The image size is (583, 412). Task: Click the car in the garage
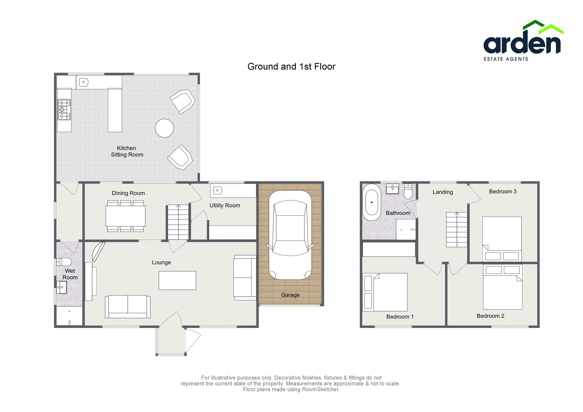tap(290, 235)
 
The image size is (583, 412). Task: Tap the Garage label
tap(290, 295)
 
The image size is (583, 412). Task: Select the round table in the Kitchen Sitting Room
tap(164, 128)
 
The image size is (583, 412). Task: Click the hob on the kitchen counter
tap(64, 109)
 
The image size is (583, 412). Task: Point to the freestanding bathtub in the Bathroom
tap(372, 202)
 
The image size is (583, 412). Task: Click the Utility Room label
tap(225, 205)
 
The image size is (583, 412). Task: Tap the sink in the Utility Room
tap(218, 190)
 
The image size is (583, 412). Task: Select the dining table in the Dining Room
tap(125, 216)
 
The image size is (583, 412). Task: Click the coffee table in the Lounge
tap(177, 280)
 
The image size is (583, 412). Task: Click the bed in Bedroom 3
tap(502, 239)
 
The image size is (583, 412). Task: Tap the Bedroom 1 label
tap(400, 317)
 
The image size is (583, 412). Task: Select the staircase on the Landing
tap(456, 229)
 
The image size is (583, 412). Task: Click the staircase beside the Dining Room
tap(178, 222)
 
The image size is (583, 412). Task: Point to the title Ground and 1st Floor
tap(291, 67)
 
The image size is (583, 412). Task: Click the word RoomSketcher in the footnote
tap(320, 389)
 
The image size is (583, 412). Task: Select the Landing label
tap(443, 192)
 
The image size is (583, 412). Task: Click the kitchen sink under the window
tap(84, 82)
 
